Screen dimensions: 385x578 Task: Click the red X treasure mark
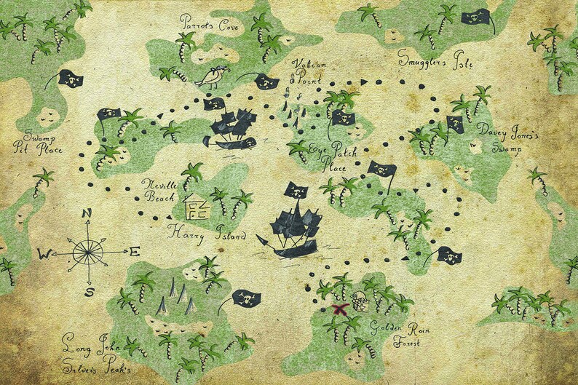(x=338, y=309)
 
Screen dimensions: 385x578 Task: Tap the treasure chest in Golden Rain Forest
(x=360, y=301)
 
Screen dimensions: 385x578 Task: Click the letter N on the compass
(x=87, y=213)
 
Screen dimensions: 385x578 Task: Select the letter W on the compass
(x=44, y=254)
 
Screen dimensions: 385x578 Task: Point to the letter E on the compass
(x=134, y=253)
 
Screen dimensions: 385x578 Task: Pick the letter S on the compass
(x=89, y=292)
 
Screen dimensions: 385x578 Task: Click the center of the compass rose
(x=88, y=253)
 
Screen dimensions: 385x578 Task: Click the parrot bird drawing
(x=212, y=76)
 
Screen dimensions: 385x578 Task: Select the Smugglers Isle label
(x=435, y=59)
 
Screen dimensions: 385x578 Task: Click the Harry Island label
(x=207, y=234)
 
